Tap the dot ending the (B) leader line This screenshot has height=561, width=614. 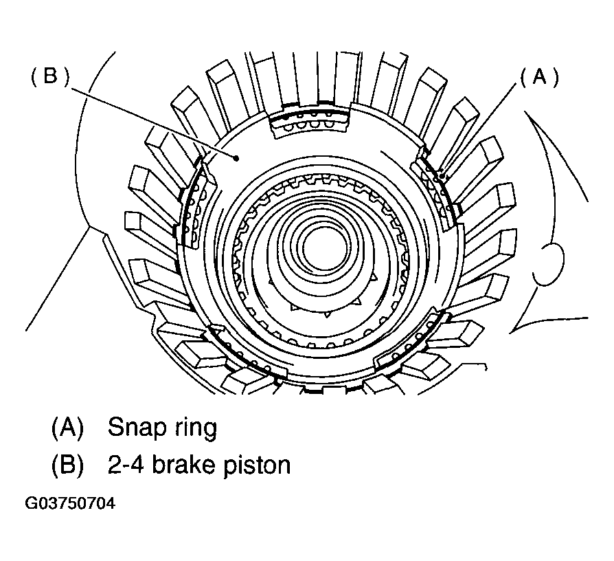pos(236,158)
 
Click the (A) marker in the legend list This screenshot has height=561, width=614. pos(67,428)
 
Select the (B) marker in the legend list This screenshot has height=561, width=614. pos(67,465)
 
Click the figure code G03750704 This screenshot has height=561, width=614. pos(71,504)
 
